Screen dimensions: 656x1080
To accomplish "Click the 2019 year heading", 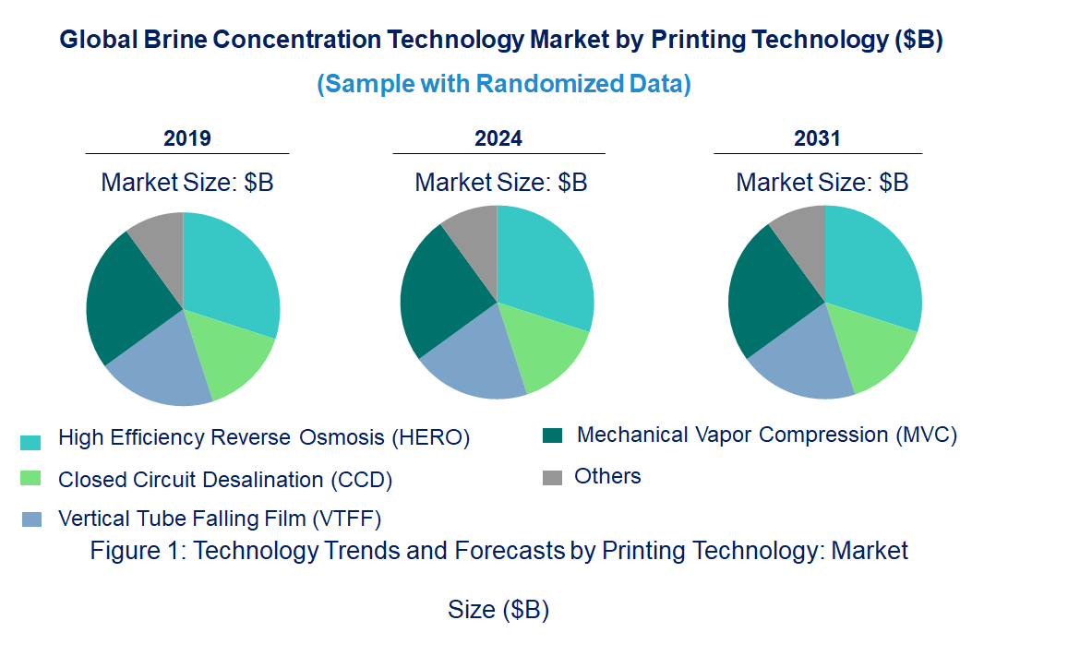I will pyautogui.click(x=186, y=138).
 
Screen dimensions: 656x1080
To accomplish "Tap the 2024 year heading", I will pyautogui.click(x=498, y=138).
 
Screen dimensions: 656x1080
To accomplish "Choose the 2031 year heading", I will pyautogui.click(x=817, y=138).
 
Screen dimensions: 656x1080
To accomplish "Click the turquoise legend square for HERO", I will pyautogui.click(x=30, y=443).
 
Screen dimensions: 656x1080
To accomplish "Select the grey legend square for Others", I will pyautogui.click(x=552, y=477).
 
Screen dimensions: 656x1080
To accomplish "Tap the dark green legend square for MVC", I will pyautogui.click(x=552, y=435).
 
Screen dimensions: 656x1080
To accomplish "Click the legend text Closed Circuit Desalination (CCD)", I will pyautogui.click(x=225, y=480).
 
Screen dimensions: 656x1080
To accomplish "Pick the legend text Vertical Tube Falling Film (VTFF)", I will pyautogui.click(x=220, y=518).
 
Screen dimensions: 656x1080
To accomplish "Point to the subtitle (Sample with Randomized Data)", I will pyautogui.click(x=504, y=84).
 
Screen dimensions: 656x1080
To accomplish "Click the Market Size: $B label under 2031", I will pyautogui.click(x=822, y=183).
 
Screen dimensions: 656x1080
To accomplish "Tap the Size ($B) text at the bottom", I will pyautogui.click(x=498, y=610).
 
